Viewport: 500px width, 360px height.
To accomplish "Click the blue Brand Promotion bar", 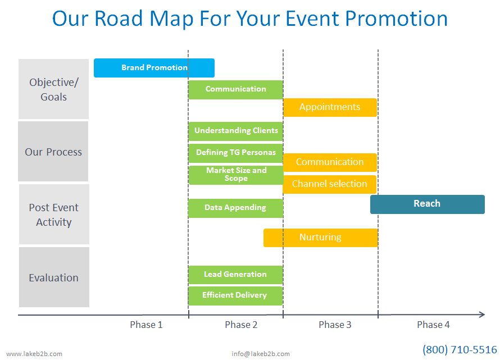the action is [x=154, y=68].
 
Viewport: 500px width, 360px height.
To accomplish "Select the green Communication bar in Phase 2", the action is [x=235, y=90].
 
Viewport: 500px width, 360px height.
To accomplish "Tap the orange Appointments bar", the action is [x=330, y=107].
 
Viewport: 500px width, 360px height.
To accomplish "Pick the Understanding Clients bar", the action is [x=235, y=131].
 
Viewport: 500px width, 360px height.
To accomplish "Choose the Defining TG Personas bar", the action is [x=235, y=153].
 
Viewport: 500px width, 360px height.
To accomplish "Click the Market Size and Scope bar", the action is [x=236, y=175].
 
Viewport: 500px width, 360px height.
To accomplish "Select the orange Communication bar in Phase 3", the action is [x=330, y=163].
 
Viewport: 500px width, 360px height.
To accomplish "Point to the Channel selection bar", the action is [x=330, y=184].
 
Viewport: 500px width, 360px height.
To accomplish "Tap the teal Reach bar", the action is [x=428, y=204].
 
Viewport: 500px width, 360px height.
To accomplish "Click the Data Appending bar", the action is [x=235, y=208].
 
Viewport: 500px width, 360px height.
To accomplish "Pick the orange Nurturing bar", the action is [x=321, y=238].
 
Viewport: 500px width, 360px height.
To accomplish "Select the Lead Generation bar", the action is [x=235, y=275].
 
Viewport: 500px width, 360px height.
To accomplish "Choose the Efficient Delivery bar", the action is [x=235, y=296].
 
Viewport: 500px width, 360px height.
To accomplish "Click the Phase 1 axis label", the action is [x=146, y=325].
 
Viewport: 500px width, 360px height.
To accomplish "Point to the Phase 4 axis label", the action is [x=433, y=325].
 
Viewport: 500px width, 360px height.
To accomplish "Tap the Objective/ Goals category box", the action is [x=53, y=89].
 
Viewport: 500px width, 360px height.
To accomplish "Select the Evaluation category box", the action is [x=54, y=277].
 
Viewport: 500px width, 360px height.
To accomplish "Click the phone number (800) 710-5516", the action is [x=460, y=350].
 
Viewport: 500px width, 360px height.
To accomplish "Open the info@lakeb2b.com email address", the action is [x=261, y=354].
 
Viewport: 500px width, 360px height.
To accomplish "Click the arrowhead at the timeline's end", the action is [x=482, y=315].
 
